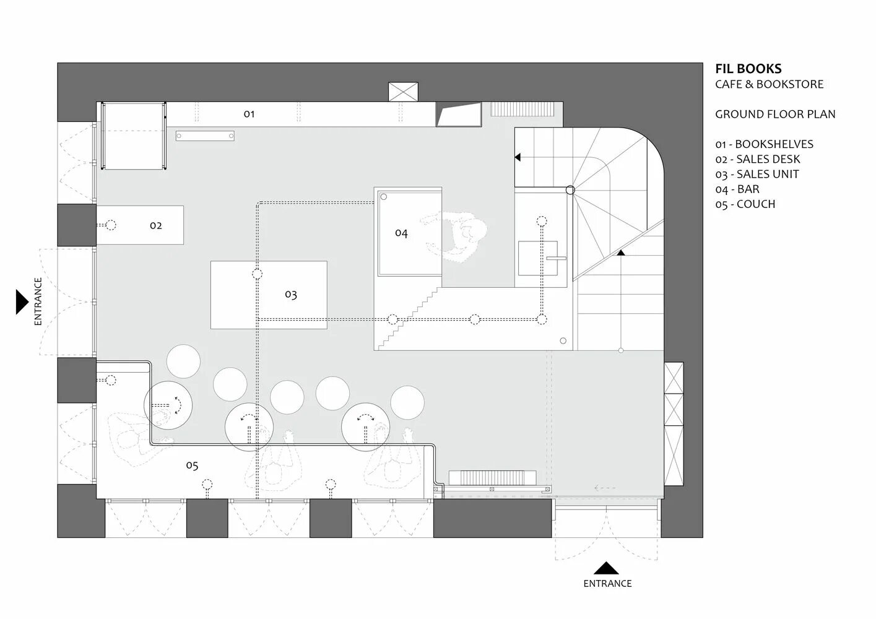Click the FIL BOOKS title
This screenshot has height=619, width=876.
pyautogui.click(x=748, y=69)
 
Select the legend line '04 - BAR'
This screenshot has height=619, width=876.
pyautogui.click(x=737, y=189)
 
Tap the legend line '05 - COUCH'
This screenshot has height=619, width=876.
pyautogui.click(x=745, y=204)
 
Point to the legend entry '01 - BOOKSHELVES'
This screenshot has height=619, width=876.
pyautogui.click(x=764, y=144)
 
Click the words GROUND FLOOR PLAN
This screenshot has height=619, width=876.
pyautogui.click(x=775, y=114)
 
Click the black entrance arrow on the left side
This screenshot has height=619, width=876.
pyautogui.click(x=22, y=302)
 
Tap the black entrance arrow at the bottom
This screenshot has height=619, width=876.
pyautogui.click(x=607, y=568)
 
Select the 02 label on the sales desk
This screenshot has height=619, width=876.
pyautogui.click(x=156, y=225)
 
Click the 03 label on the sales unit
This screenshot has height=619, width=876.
pyautogui.click(x=291, y=295)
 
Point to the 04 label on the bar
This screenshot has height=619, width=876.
pyautogui.click(x=401, y=233)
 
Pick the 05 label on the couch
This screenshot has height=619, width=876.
pyautogui.click(x=192, y=465)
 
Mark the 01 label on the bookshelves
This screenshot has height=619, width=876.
pyautogui.click(x=249, y=114)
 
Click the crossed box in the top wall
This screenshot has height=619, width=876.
pyautogui.click(x=403, y=92)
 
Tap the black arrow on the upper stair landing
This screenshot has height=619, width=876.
pyautogui.click(x=518, y=158)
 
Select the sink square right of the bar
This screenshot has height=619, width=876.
pyautogui.click(x=537, y=258)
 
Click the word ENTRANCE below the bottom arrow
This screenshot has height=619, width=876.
pyautogui.click(x=607, y=583)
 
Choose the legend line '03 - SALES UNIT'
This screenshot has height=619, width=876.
pyautogui.click(x=757, y=175)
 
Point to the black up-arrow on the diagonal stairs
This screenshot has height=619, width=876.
pyautogui.click(x=621, y=252)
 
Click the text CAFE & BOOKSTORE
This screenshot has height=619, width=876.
pyautogui.click(x=769, y=84)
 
